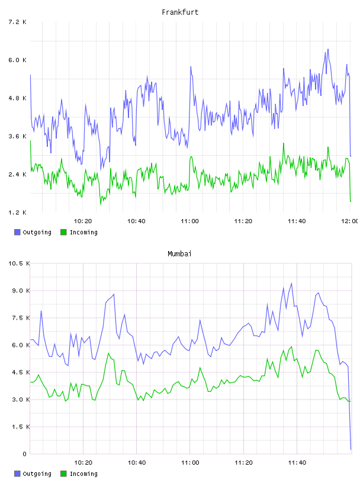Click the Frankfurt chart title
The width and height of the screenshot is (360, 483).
pos(180,12)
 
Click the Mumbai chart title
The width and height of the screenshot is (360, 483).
pos(179,254)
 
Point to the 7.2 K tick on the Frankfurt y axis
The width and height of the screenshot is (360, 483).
pos(17,22)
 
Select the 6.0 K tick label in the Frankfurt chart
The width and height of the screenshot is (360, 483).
pos(17,60)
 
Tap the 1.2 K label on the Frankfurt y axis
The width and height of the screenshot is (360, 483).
pos(17,212)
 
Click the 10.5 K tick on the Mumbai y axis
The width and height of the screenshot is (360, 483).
pos(19,263)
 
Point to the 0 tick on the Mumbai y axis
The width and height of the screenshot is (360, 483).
pos(25,454)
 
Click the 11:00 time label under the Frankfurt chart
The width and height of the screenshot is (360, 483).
pos(189,221)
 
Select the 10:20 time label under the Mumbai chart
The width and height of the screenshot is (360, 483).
pos(83,463)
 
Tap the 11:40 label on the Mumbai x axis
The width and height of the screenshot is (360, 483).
pos(297,463)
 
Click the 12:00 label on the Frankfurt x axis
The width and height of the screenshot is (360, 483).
pos(349,221)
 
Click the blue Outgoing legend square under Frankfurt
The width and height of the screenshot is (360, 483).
pos(17,232)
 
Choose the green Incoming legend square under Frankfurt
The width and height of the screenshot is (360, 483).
pos(63,232)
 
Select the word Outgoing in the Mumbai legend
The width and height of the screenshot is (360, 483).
pos(37,474)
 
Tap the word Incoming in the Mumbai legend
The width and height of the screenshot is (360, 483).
pos(83,474)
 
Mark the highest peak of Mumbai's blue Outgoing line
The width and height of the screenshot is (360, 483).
pos(291,283)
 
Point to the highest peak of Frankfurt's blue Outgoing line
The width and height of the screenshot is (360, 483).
pos(328,49)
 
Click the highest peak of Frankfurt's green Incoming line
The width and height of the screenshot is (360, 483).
pos(284,143)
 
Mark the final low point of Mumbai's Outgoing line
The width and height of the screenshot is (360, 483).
pos(351,449)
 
